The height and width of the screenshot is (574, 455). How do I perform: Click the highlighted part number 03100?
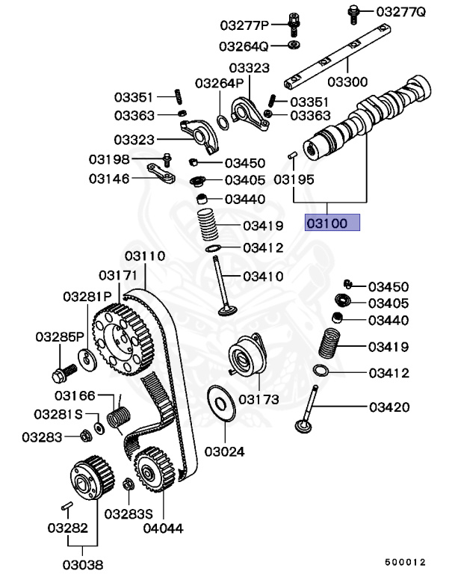coord(326,223)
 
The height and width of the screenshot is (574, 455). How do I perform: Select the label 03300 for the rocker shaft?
coord(347,81)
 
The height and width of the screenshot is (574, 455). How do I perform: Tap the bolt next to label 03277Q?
coord(353,14)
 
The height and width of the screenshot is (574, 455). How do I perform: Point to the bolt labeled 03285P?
coord(64,374)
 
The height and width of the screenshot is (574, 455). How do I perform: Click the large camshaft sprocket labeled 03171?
coord(123,339)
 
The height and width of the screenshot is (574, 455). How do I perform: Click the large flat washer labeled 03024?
coord(221,403)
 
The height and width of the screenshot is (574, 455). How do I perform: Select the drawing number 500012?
coord(405,562)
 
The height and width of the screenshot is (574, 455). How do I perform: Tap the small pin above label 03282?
coord(66,506)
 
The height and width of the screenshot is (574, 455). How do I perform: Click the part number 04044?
coord(164,528)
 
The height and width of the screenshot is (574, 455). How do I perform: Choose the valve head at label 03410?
coord(228,311)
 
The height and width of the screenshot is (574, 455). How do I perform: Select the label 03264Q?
coord(244,46)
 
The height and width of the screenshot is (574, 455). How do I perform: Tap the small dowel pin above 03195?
coord(292,155)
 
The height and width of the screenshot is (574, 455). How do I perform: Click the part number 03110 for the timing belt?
coord(145,256)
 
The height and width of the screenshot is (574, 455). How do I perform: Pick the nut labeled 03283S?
coord(129,484)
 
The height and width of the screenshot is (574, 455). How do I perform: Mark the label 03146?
coord(109,179)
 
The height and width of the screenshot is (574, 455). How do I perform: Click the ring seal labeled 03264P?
coord(223,123)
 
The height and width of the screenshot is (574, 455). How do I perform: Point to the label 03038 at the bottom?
coord(83,564)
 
